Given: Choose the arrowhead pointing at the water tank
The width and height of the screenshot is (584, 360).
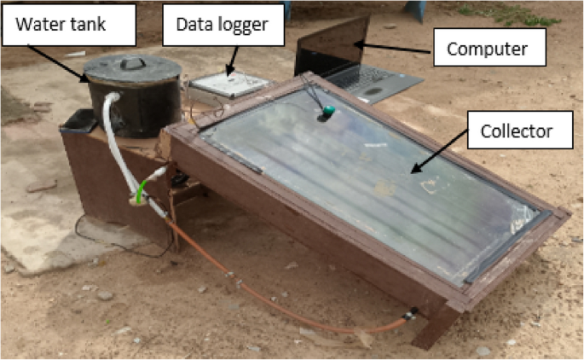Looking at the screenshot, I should pyautogui.click(x=86, y=79).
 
